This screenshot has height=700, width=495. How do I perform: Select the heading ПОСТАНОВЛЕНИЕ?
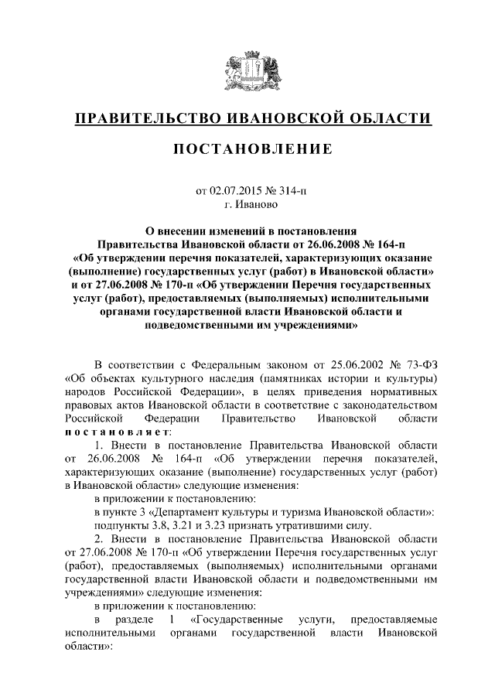coord(247,149)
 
